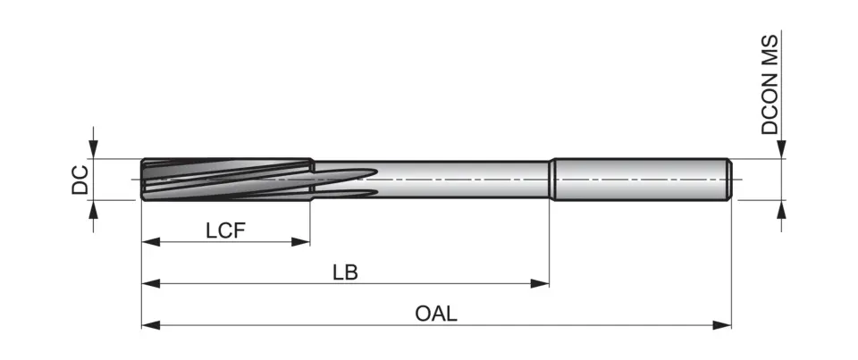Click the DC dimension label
point(80,180)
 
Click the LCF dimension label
point(225,230)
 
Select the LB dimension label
point(345,272)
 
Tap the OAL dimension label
point(436,314)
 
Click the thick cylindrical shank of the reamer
point(639,180)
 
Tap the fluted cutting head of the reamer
point(223,180)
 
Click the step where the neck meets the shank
point(551,180)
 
